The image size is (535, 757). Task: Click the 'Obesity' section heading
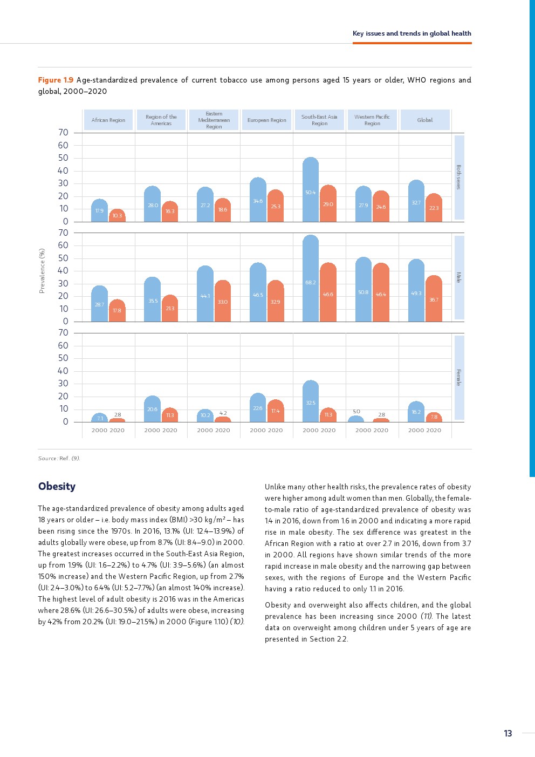57,486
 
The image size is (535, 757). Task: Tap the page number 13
507,733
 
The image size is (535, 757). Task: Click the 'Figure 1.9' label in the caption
56,80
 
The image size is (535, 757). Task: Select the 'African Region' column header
108,120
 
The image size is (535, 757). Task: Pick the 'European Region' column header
266,120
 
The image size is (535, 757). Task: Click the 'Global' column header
424,120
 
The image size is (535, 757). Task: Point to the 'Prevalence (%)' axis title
42,271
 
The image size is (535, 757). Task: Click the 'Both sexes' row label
459,177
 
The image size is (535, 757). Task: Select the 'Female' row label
459,377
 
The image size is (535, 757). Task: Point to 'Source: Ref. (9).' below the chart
59,458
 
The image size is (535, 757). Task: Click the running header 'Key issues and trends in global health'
411,33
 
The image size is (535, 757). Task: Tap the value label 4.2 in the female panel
223,413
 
